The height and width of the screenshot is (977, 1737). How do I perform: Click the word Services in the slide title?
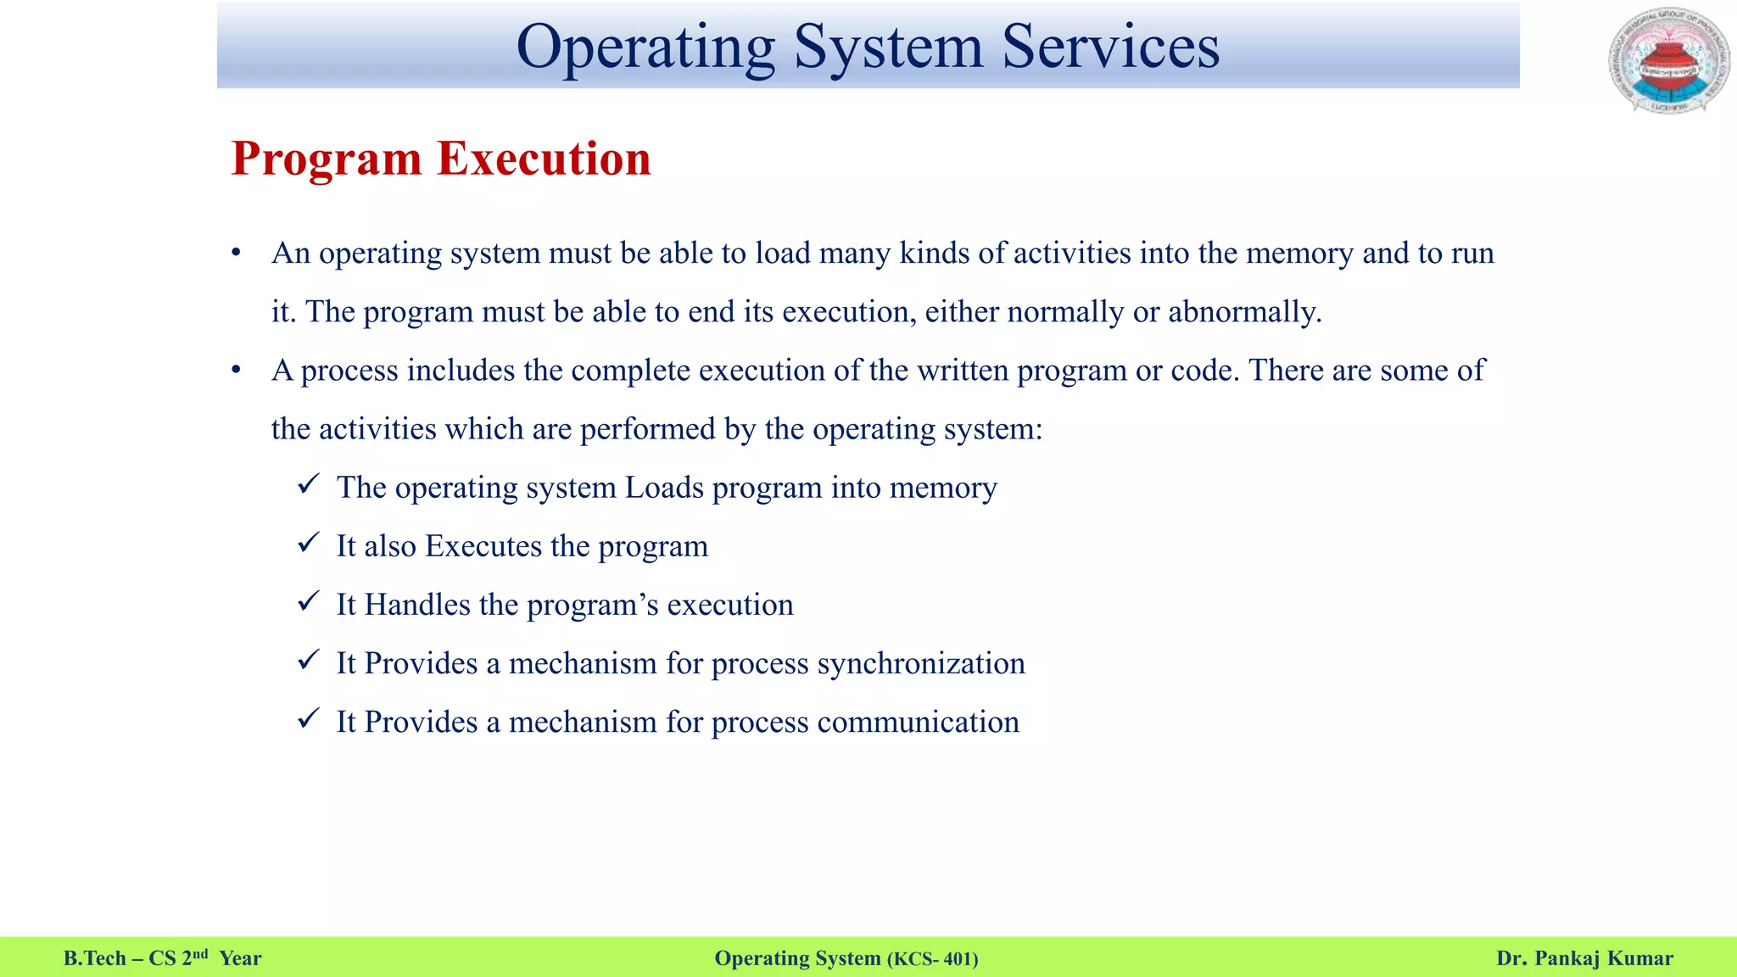1110,47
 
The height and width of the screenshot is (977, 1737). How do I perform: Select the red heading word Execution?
544,159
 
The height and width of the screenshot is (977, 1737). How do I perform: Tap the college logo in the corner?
1667,61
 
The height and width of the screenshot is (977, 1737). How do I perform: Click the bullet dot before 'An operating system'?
237,254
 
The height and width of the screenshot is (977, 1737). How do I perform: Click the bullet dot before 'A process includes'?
237,371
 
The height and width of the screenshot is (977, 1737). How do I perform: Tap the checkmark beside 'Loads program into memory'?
308,485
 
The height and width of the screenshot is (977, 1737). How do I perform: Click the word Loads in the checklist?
664,488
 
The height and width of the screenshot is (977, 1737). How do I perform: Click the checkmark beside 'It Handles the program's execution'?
308,602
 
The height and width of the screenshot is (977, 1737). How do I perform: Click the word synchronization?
921,664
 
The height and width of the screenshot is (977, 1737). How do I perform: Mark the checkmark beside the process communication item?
308,719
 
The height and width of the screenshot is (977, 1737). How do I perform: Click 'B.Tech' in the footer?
94,958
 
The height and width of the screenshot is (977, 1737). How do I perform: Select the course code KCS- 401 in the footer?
933,959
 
